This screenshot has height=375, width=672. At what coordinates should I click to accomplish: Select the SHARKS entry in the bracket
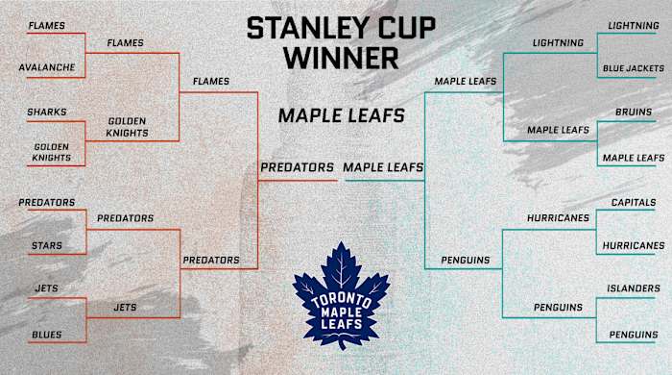click(x=47, y=112)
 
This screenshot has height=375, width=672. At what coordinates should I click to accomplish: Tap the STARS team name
click(x=45, y=245)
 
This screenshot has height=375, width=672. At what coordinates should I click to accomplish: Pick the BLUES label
click(x=46, y=335)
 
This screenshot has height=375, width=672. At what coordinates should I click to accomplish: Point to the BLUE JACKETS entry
click(x=632, y=68)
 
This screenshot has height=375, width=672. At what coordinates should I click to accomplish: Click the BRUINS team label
click(x=633, y=112)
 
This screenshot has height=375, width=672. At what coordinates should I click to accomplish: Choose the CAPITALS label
click(x=634, y=203)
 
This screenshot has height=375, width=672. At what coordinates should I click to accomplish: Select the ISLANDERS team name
click(x=633, y=288)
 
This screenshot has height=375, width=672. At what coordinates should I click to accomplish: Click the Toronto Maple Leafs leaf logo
click(x=341, y=294)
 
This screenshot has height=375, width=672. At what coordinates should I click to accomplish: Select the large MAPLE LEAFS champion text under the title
click(x=341, y=115)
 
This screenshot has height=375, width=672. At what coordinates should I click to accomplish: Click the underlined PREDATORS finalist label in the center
click(x=297, y=167)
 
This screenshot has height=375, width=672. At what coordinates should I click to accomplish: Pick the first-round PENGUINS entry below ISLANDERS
click(x=633, y=335)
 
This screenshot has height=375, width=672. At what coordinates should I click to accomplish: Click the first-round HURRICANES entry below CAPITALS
click(x=633, y=246)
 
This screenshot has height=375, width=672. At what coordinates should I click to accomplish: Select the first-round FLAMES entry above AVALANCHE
click(x=46, y=24)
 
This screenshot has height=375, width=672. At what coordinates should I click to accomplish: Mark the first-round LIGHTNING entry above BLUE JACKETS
click(x=633, y=24)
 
